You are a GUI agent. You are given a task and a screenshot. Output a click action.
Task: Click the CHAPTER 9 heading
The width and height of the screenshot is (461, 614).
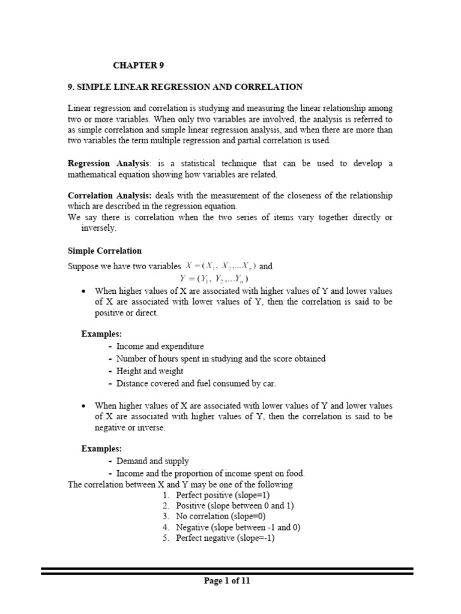click(139, 65)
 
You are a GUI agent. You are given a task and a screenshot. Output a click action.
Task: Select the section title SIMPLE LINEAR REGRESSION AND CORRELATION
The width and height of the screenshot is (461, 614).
click(185, 87)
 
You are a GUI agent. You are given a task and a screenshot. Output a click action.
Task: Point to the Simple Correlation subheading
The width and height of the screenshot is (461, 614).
click(104, 250)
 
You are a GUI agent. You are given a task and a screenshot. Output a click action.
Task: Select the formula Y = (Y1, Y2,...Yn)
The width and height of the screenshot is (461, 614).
click(214, 279)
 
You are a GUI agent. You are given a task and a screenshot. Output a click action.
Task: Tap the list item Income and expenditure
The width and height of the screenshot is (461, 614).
click(160, 347)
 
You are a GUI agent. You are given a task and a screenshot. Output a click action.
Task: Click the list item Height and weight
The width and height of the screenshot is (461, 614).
click(150, 371)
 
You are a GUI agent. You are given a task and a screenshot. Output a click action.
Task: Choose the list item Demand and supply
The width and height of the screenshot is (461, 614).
click(152, 461)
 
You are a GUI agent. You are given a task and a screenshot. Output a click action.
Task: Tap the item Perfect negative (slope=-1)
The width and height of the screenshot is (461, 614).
click(225, 538)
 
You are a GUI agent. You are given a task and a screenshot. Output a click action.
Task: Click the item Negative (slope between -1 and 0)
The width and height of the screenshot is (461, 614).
click(238, 527)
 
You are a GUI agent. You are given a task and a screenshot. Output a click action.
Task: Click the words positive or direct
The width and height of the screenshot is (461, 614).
click(126, 314)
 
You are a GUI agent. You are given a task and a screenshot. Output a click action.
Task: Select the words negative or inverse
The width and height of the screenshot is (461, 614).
click(130, 428)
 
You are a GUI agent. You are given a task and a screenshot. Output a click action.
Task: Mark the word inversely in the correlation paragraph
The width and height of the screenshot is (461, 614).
click(100, 228)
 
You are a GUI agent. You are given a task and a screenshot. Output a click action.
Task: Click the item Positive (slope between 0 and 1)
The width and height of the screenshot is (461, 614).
click(235, 506)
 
